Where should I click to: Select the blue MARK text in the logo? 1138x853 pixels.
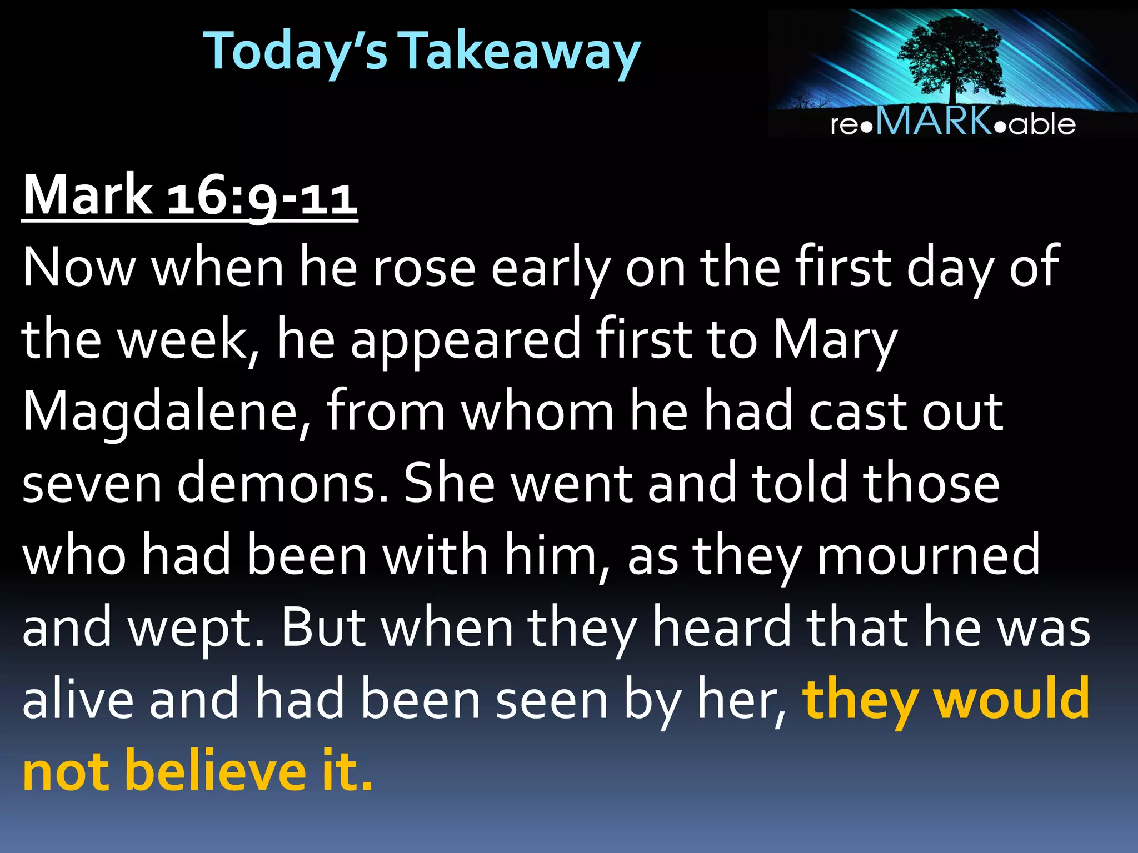click(x=934, y=121)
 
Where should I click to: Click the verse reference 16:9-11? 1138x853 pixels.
click(x=262, y=195)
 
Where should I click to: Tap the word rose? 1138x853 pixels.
click(x=423, y=268)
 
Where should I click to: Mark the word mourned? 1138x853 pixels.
click(x=928, y=555)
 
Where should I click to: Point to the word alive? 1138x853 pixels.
click(x=78, y=700)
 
